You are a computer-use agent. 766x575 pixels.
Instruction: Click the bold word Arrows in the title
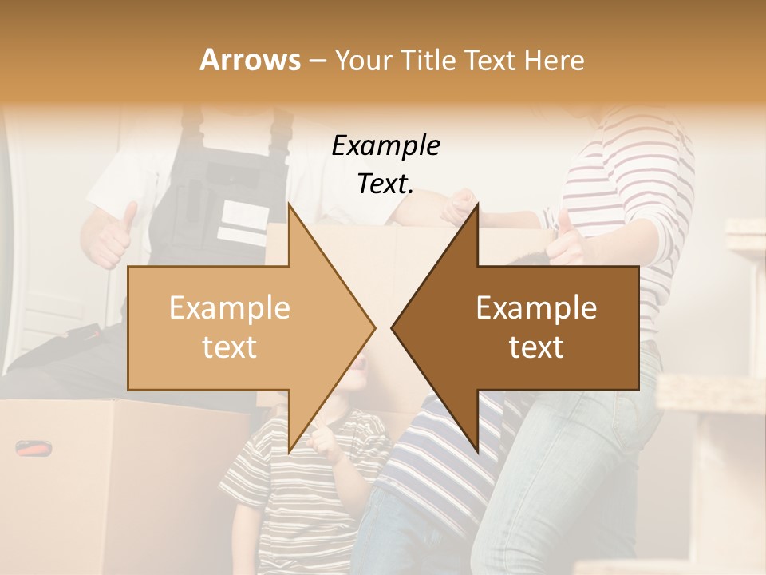coord(250,60)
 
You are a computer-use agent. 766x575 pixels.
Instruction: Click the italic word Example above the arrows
coord(385,146)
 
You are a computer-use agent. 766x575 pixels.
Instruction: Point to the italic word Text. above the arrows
coord(385,184)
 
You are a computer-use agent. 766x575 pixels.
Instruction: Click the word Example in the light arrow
coord(229,308)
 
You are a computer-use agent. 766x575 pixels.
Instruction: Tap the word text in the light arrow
coord(229,347)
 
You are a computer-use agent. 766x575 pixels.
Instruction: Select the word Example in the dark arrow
coord(536,308)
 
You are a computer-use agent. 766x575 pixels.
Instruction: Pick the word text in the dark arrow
coord(536,347)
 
